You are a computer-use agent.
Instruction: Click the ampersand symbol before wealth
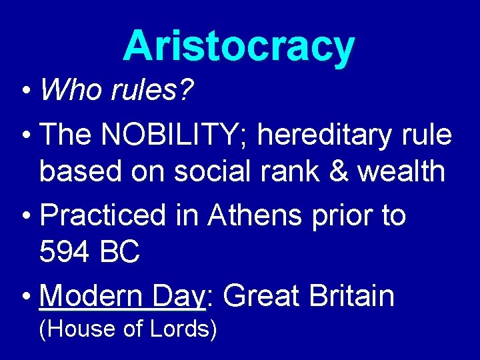point(339,171)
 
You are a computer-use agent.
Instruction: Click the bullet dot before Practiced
point(25,216)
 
